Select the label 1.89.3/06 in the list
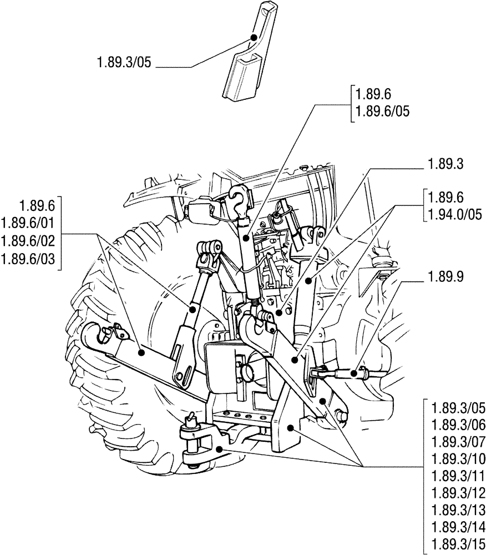coord(458,426)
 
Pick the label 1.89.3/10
coord(458,460)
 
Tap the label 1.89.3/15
coord(458,544)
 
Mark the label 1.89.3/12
coord(458,493)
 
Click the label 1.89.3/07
coord(458,442)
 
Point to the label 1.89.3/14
coord(458,527)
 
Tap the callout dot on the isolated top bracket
coord(254,37)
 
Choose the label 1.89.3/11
coord(458,476)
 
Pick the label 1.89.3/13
coord(458,510)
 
